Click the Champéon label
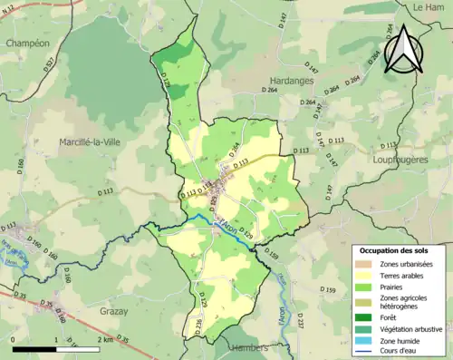[26, 43]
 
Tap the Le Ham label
[427, 6]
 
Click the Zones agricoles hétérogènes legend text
[409, 302]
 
